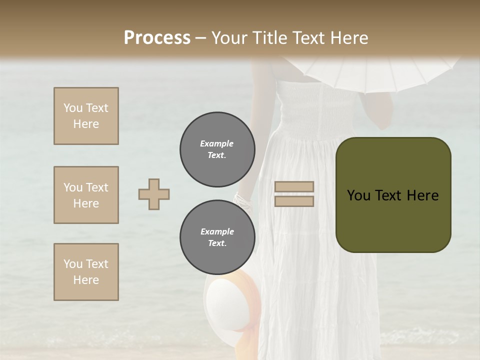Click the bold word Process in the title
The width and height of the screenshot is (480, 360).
[157, 37]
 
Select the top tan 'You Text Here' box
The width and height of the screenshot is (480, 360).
[86, 116]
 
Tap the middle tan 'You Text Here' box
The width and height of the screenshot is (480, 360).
[86, 195]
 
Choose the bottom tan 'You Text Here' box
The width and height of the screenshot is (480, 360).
[86, 272]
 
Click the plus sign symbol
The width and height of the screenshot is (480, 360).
[154, 194]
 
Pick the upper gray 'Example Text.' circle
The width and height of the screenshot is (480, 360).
[217, 149]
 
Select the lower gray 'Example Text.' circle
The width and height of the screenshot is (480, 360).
[217, 237]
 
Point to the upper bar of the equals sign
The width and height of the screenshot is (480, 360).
[294, 186]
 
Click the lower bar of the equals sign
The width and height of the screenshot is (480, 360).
[294, 201]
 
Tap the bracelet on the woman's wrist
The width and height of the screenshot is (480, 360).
[243, 201]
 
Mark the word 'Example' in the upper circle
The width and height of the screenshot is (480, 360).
[216, 143]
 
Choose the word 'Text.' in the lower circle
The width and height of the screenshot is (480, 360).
[217, 243]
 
